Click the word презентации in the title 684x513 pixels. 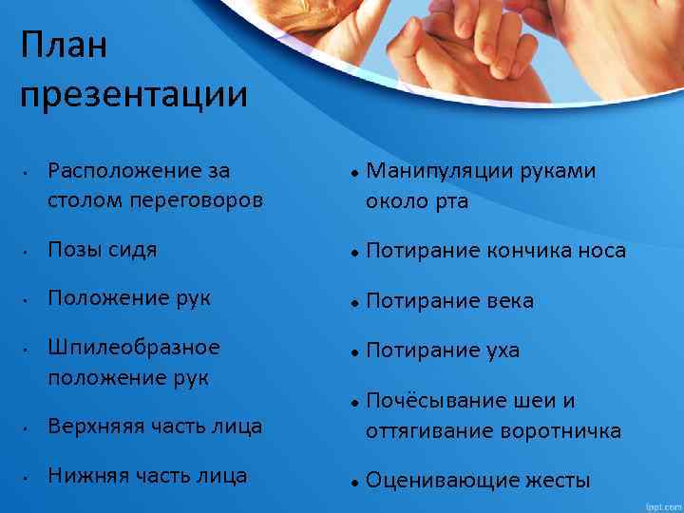click(x=133, y=95)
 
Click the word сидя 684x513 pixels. click(x=132, y=250)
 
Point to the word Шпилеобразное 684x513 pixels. click(x=134, y=347)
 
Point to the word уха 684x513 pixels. click(x=498, y=351)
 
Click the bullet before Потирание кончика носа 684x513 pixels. click(x=352, y=253)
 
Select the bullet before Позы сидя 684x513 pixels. click(x=31, y=253)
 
